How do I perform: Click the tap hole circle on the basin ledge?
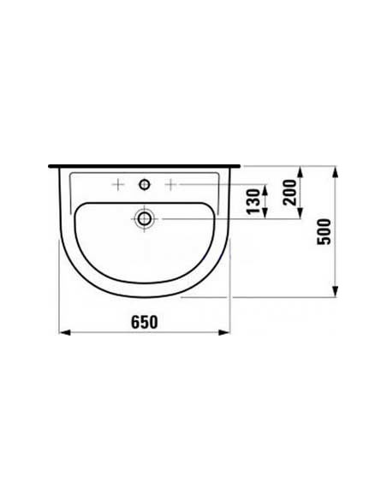click(x=145, y=183)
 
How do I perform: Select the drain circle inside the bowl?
click(x=145, y=219)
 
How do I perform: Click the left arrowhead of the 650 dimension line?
click(x=62, y=333)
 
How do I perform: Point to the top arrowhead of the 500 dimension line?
click(x=334, y=170)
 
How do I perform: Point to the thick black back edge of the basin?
click(x=145, y=166)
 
